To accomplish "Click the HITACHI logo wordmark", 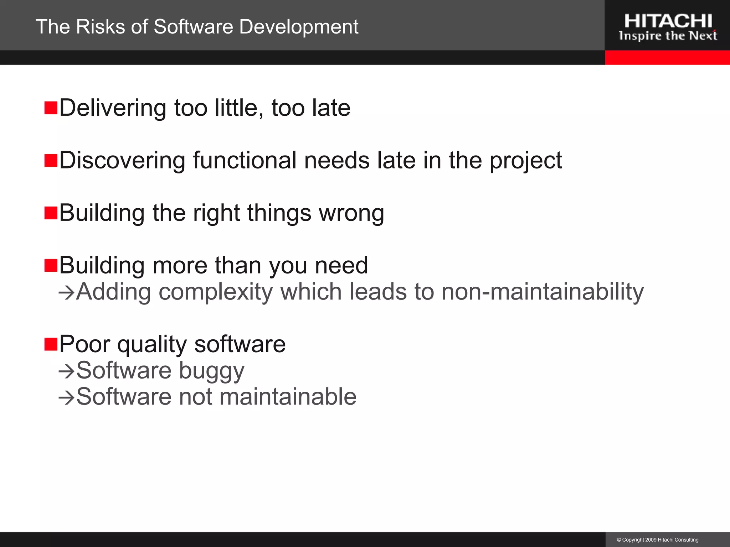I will tap(668, 21).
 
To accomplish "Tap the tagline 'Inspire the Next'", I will tap(668, 36).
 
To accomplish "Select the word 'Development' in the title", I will tap(299, 27).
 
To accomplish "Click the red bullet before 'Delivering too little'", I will tap(51, 108).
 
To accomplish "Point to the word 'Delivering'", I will tap(113, 108).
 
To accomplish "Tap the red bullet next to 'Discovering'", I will tap(51, 161).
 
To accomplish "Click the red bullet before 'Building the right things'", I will tap(51, 213).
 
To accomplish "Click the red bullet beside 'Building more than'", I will tap(51, 266).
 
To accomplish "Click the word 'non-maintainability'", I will tap(543, 292).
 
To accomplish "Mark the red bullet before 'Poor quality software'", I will tap(51, 344).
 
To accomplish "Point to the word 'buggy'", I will tap(212, 371).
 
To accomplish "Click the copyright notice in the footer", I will tap(658, 540).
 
